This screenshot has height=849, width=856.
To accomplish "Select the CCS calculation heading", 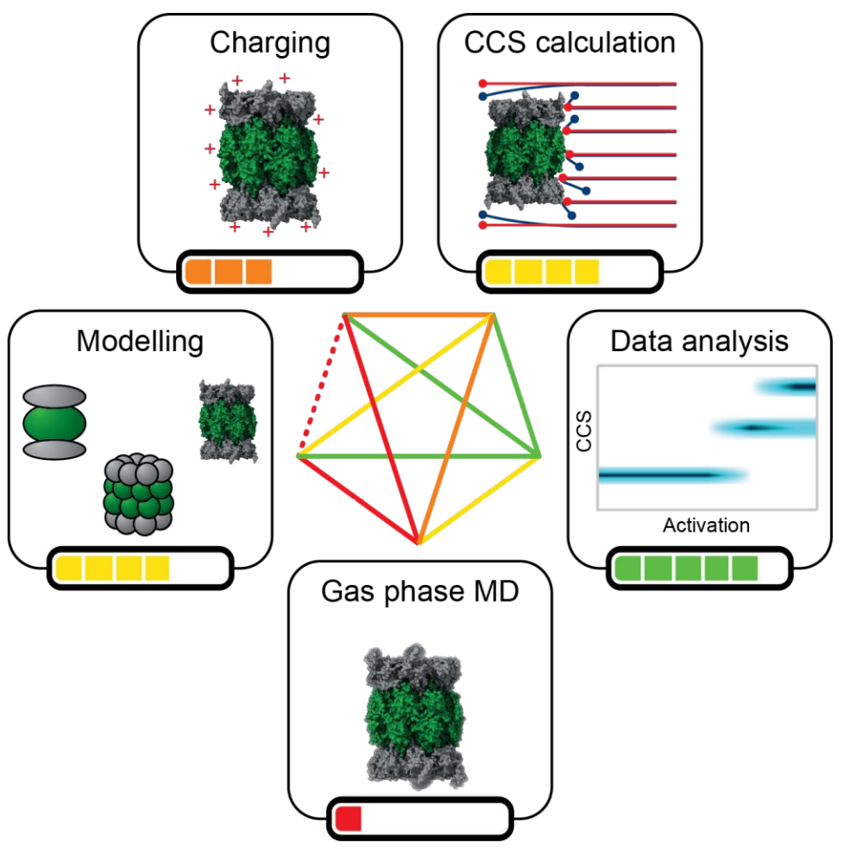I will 570,43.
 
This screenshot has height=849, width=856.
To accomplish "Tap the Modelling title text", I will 140,342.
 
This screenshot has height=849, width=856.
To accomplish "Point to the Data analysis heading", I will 699,341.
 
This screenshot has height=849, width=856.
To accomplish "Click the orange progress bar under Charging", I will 229,273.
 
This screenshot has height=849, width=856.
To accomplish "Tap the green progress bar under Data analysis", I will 688,568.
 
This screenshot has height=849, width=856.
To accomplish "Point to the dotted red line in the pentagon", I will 322,384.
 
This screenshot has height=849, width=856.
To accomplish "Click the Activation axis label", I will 706,525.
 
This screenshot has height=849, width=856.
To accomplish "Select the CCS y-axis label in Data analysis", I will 584,436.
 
